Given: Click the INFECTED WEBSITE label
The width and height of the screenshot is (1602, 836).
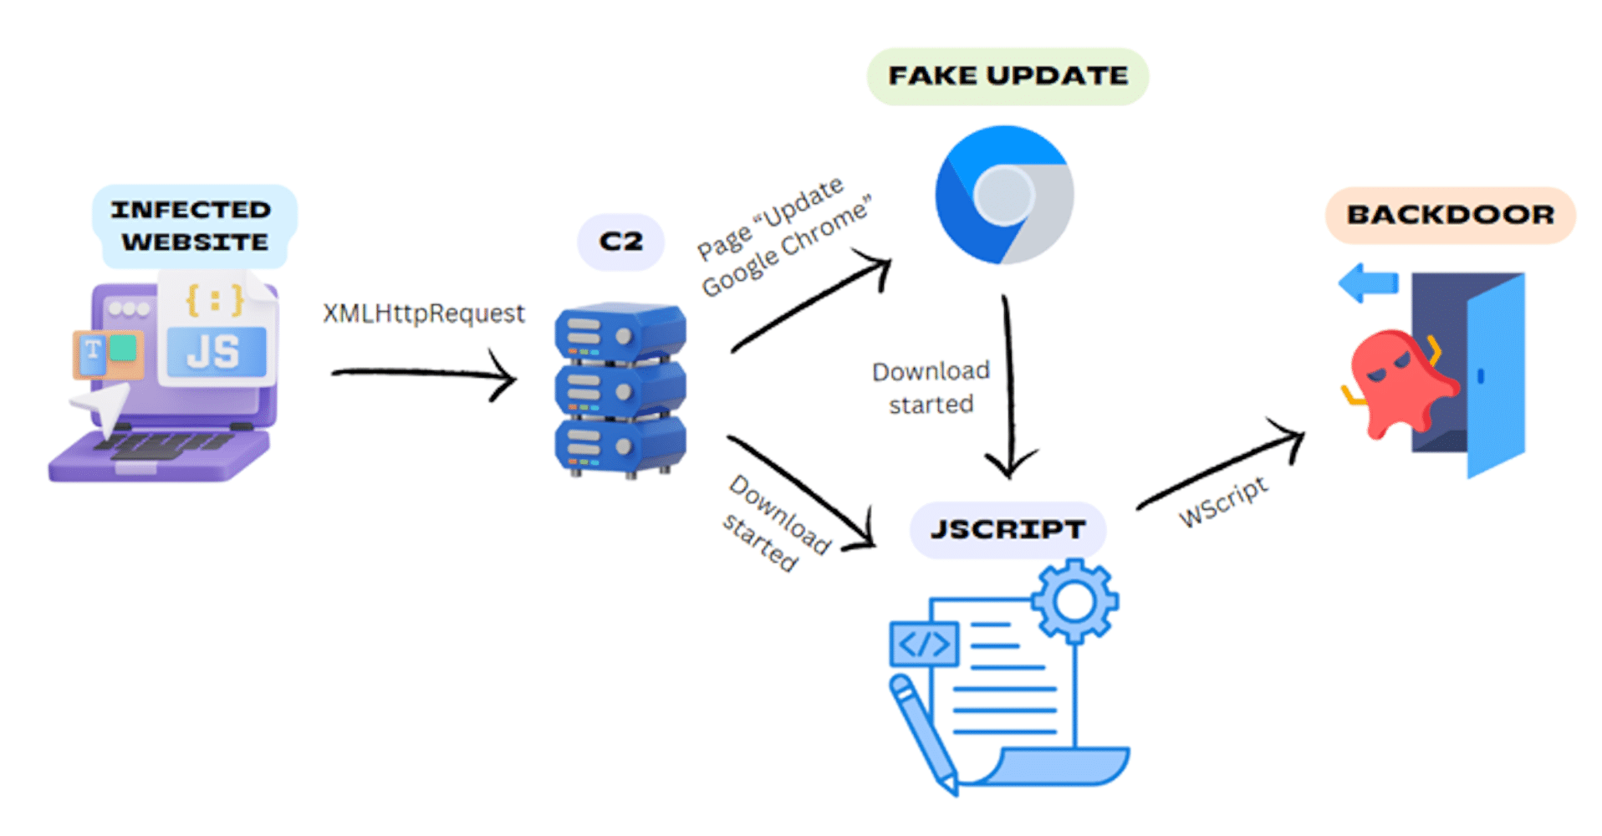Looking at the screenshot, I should coord(192,226).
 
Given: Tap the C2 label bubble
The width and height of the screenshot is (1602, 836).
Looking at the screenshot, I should coord(620,242).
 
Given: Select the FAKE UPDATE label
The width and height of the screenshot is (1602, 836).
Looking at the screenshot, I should coord(1008,76).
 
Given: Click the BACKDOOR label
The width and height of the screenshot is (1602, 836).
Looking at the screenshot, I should coord(1450,215).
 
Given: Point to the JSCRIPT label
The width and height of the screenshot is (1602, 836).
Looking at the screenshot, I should coord(1008,529).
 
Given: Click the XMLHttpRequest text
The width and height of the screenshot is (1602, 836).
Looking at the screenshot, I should coord(424,313).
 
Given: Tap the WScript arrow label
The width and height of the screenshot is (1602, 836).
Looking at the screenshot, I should coord(1222,502).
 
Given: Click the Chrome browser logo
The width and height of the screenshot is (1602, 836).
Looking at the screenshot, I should coord(1003,195).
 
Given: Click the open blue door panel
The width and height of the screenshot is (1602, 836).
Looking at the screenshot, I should coord(1497,376).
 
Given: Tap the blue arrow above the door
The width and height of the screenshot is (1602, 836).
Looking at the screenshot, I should coord(1368,283).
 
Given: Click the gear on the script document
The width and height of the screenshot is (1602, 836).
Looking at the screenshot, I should coord(1074,600).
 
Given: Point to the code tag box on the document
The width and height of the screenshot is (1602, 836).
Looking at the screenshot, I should coord(924,644).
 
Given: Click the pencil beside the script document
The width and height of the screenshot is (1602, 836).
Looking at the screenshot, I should coord(924,736).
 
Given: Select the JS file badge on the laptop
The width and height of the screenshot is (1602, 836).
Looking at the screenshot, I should coord(216,351).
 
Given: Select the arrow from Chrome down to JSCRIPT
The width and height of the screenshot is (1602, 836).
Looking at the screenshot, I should coord(1008,385).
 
